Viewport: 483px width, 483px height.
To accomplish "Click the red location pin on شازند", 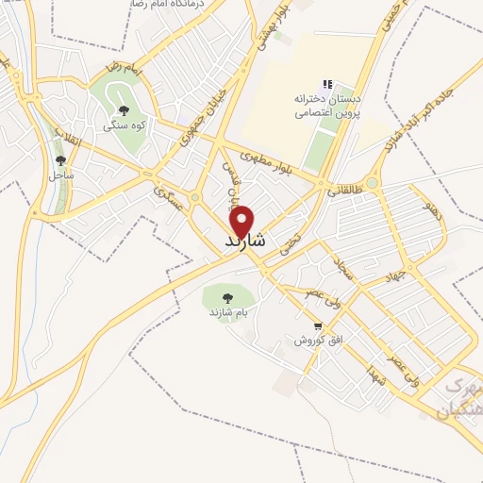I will coord(242,220).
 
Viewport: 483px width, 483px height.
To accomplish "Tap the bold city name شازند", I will coord(245,242).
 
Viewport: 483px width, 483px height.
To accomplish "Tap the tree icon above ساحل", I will coord(60,161).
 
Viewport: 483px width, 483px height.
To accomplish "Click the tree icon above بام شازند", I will coord(229,298).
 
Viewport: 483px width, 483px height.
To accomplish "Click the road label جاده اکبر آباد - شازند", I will coord(407,123).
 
